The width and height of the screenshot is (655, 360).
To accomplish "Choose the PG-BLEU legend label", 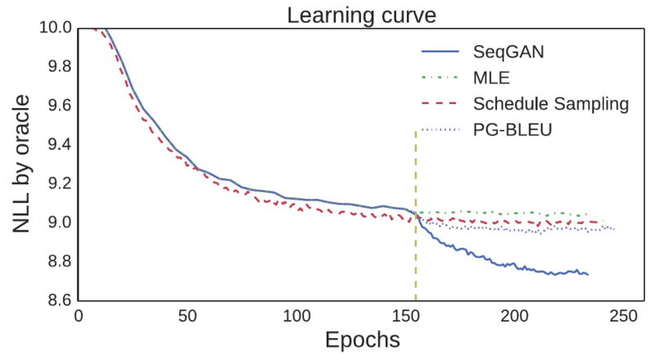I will tap(513, 129).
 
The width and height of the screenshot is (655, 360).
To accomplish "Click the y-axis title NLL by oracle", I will tap(22, 164).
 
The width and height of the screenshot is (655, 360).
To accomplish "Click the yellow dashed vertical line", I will tap(416, 245).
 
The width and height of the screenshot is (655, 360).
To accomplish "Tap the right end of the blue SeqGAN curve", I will tap(587, 274).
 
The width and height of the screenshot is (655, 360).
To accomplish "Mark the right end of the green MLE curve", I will tap(587, 215).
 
